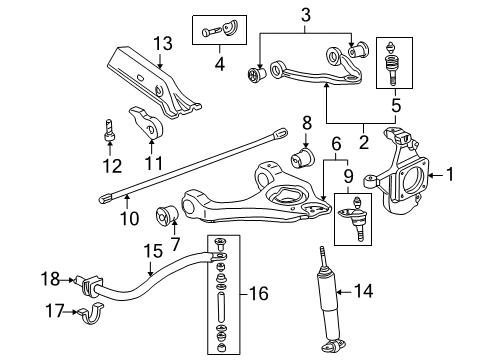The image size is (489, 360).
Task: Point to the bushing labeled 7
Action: [167, 215]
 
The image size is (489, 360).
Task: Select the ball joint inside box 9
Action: [355, 221]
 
